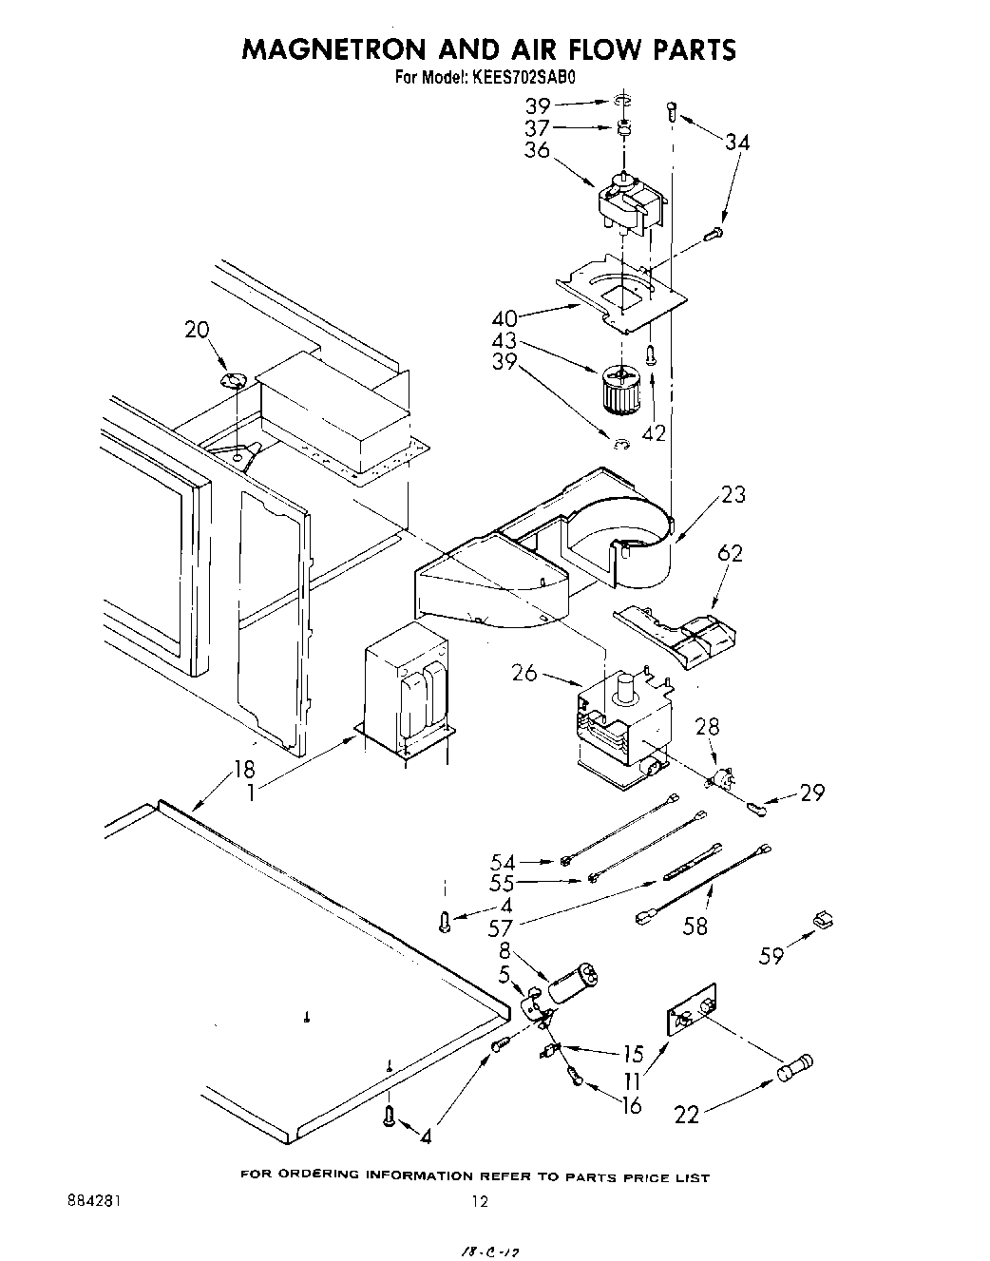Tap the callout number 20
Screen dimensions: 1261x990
[197, 330]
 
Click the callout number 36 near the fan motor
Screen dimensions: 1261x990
[537, 150]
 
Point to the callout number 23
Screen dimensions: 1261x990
[733, 494]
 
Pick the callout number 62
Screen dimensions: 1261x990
[730, 553]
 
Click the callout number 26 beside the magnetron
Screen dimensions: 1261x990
[524, 673]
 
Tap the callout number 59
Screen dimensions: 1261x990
[771, 955]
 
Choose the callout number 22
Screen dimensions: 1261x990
[686, 1114]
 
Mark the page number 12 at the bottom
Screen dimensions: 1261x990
[481, 1201]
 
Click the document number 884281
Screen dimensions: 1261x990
[94, 1200]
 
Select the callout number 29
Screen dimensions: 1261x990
[812, 793]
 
